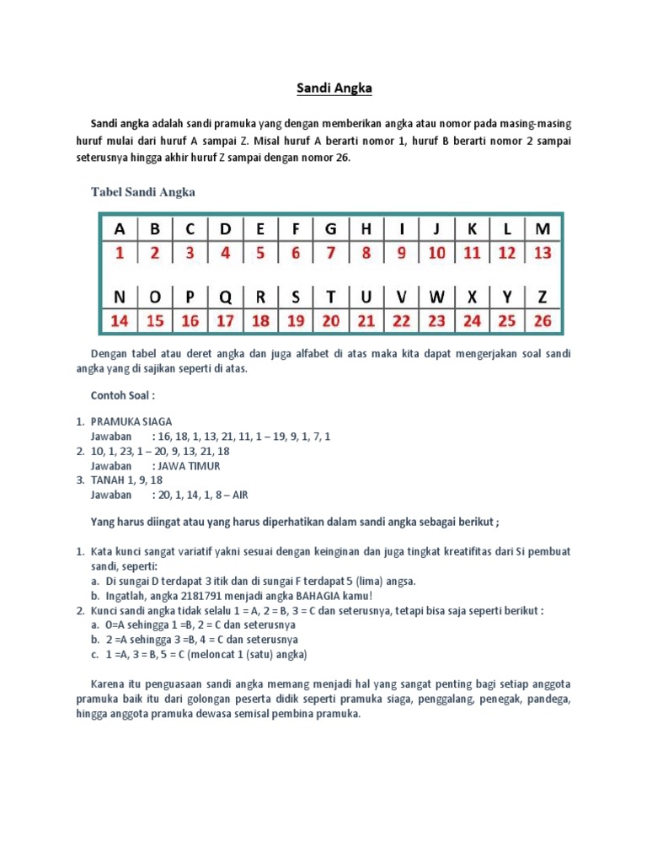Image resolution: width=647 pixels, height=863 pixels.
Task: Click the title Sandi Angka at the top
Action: pyautogui.click(x=323, y=87)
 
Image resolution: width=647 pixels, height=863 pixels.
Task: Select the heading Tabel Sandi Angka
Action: pyautogui.click(x=142, y=192)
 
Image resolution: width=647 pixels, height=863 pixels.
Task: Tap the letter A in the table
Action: pyautogui.click(x=119, y=229)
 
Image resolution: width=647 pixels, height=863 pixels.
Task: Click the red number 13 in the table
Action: pyautogui.click(x=543, y=252)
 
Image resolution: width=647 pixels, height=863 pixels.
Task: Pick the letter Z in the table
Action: pyautogui.click(x=543, y=297)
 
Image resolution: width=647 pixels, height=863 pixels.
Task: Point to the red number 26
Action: pyautogui.click(x=543, y=320)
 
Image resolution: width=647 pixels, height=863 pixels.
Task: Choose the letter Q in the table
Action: pyautogui.click(x=225, y=297)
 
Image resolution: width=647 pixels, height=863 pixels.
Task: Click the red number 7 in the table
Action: pyautogui.click(x=330, y=252)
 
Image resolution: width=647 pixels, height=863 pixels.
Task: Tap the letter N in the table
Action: pyautogui.click(x=119, y=297)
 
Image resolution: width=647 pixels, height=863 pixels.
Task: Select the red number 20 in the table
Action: pyautogui.click(x=330, y=320)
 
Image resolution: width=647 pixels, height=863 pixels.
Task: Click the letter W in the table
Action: pyautogui.click(x=436, y=297)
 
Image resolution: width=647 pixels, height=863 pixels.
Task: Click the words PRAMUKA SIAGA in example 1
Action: pyautogui.click(x=131, y=421)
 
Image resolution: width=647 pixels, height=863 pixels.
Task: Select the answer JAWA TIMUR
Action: pyautogui.click(x=186, y=465)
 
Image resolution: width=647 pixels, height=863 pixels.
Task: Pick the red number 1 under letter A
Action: pyautogui.click(x=119, y=252)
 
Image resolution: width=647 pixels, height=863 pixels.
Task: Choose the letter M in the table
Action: pyautogui.click(x=543, y=229)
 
